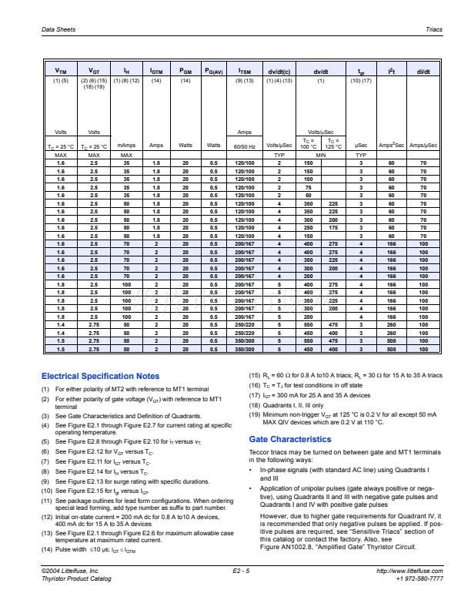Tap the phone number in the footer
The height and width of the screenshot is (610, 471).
pyautogui.click(x=419, y=578)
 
